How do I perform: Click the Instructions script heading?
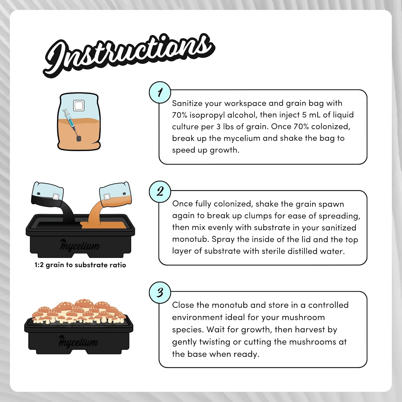pos(129,55)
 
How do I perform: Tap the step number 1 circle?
pos(160,92)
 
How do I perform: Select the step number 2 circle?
pos(160,192)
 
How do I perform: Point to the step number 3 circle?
pos(160,292)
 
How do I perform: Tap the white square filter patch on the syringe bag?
pos(79,105)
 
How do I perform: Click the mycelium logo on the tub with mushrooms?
pos(78,341)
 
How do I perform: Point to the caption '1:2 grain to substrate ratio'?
pos(80,265)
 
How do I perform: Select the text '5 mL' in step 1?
pos(311,115)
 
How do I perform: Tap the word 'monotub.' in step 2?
pos(191,239)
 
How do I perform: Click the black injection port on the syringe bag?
pos(79,139)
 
